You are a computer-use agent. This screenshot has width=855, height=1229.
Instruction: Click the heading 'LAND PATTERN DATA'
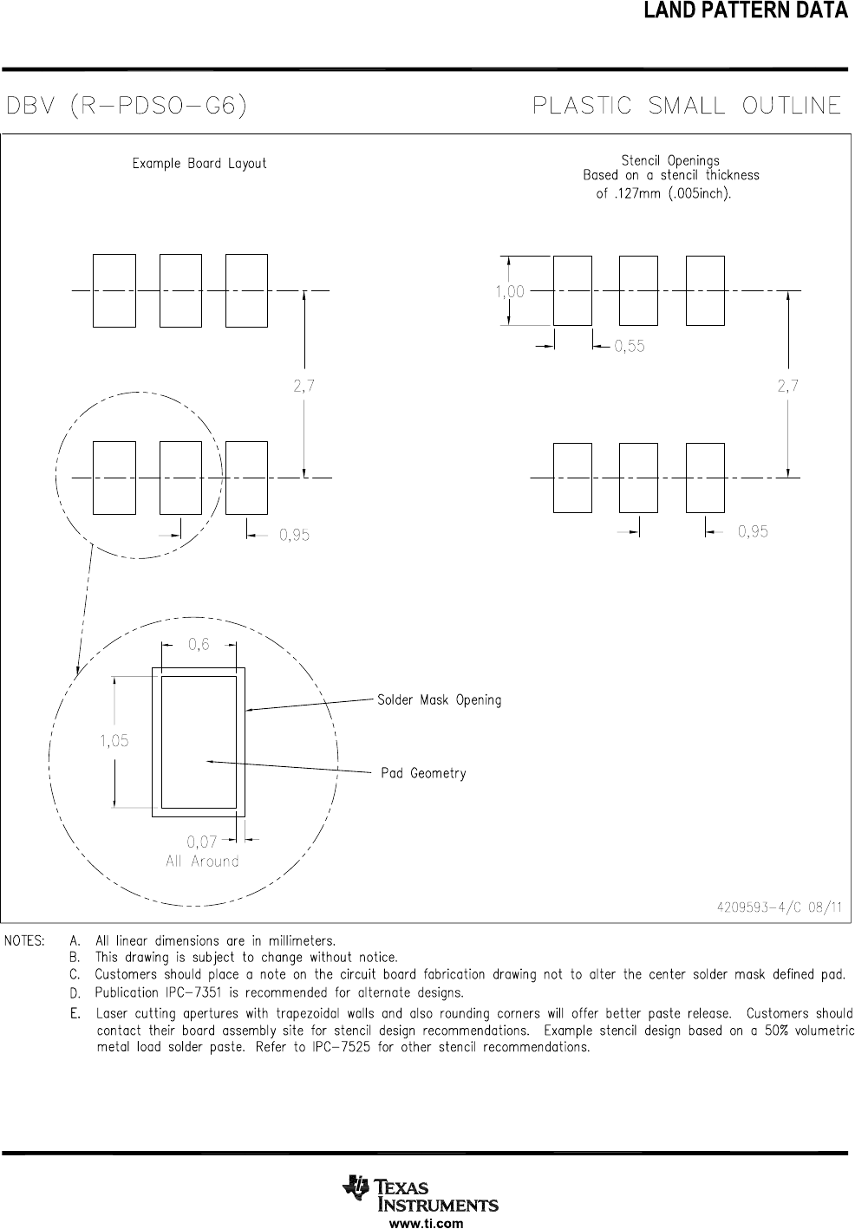click(745, 11)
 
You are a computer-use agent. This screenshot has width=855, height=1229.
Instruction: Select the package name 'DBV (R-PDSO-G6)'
click(127, 107)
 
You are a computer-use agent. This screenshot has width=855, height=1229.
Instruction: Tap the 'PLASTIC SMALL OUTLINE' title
click(686, 106)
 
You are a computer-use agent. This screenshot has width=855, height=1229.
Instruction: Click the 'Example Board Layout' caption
click(199, 163)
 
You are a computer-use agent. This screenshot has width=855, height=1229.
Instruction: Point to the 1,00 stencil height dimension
click(510, 292)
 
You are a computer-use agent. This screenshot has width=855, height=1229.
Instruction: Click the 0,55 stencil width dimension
click(630, 347)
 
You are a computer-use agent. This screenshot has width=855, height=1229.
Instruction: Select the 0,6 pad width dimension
click(199, 644)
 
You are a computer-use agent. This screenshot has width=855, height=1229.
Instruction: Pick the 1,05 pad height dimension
click(114, 740)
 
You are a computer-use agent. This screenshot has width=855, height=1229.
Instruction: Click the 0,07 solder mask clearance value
click(201, 841)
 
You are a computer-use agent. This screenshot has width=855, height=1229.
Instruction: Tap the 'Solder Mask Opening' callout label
click(439, 699)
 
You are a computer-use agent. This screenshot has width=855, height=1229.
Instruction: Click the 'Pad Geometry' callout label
click(423, 773)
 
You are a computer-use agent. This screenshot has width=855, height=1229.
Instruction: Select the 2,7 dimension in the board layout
click(303, 387)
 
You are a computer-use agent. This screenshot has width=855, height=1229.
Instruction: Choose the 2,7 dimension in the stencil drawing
click(787, 387)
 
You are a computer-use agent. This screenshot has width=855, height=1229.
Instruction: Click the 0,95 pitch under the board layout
click(294, 536)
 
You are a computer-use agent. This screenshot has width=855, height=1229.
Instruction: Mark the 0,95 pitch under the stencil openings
click(753, 531)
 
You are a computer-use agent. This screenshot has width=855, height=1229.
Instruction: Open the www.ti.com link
click(427, 1224)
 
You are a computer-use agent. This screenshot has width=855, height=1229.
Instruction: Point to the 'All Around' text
click(202, 862)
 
